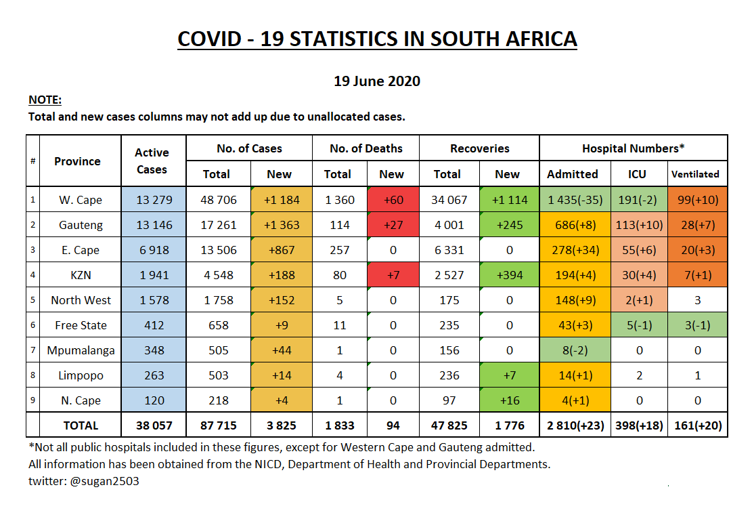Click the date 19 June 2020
(x=376, y=81)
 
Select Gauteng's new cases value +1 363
(x=281, y=225)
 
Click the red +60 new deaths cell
(x=393, y=200)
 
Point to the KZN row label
(x=81, y=275)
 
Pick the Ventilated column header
(x=694, y=174)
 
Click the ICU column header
(x=636, y=174)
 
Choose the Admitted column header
(x=573, y=174)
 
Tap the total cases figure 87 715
(x=216, y=425)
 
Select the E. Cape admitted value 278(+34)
(x=573, y=250)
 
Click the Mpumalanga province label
(x=81, y=350)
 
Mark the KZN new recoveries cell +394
(x=508, y=275)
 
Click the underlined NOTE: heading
(x=45, y=100)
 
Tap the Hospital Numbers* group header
(x=634, y=148)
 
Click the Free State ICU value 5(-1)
(x=636, y=325)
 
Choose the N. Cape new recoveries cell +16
(x=508, y=400)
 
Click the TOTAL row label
(x=81, y=425)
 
